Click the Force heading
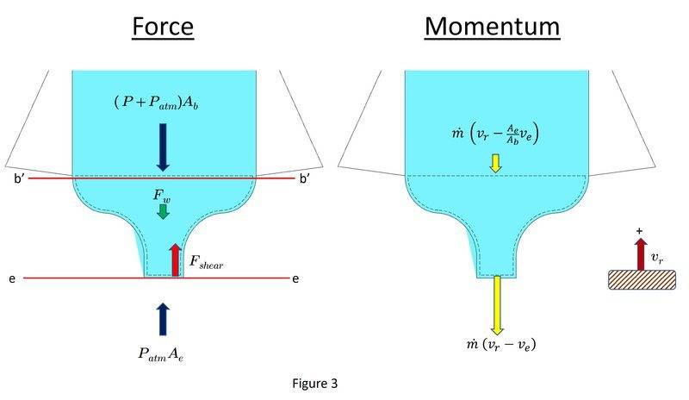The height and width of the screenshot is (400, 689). pos(163,27)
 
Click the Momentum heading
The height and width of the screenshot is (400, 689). pos(492,27)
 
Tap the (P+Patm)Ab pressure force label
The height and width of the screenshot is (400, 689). pos(157,103)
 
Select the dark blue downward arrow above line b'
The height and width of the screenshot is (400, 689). pos(163,147)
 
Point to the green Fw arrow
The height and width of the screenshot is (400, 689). pos(163,212)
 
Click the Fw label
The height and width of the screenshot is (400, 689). pos(162,196)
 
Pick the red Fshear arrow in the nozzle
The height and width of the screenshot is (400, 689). pos(176,260)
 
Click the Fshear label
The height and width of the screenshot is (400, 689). pos(206,262)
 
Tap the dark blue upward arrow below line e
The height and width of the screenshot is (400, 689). pos(163,319)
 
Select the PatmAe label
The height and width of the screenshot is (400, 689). pos(160,353)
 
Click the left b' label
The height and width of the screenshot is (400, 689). pos(19,179)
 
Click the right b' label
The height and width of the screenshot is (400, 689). pos(305,179)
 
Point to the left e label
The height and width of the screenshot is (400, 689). pos(12,278)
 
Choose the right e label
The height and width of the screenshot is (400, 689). pos(295,278)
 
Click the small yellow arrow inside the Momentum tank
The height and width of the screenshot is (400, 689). pos(496,163)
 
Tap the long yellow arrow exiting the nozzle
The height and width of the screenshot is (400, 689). pos(497,305)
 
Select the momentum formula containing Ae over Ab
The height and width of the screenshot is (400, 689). pos(495,134)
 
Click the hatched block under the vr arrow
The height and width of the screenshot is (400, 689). pos(642,280)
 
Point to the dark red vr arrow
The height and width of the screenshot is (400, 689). pos(641,254)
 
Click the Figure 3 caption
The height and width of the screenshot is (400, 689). pos(315,384)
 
